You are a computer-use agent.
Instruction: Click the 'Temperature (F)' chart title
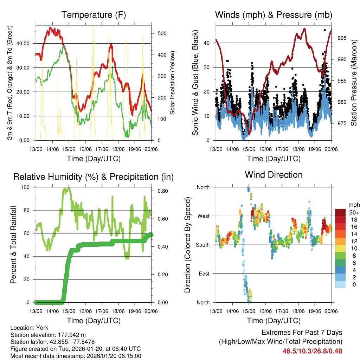[x=94, y=15]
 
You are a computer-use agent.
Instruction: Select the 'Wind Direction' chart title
[x=274, y=175]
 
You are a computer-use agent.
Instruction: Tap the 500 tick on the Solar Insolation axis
[x=162, y=33]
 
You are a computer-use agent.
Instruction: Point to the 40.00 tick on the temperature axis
[x=26, y=43]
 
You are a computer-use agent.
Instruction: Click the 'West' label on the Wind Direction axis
[x=203, y=216]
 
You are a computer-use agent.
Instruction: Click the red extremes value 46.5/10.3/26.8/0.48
[x=312, y=351]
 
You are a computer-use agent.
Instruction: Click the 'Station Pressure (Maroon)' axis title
[x=354, y=83]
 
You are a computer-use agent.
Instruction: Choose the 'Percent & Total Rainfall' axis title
[x=13, y=245]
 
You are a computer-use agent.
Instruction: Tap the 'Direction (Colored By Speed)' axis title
[x=187, y=245]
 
